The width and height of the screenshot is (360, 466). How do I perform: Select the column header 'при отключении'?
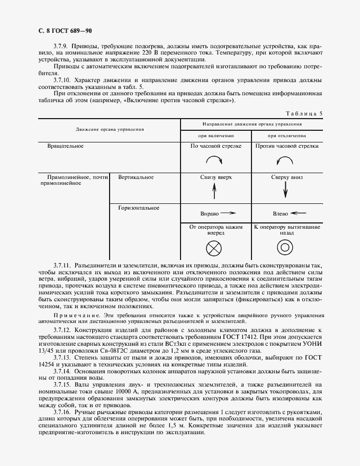click(286, 135)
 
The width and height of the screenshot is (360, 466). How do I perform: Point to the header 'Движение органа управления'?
click(110, 129)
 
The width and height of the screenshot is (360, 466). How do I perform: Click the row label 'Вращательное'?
click(66, 145)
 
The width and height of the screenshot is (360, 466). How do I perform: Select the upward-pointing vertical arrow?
click(215, 192)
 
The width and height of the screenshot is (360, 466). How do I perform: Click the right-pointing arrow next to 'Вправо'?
click(228, 213)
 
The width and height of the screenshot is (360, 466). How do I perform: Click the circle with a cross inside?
click(215, 247)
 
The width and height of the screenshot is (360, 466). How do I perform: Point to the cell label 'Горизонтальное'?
click(139, 208)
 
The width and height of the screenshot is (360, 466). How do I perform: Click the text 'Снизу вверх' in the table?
click(215, 178)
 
